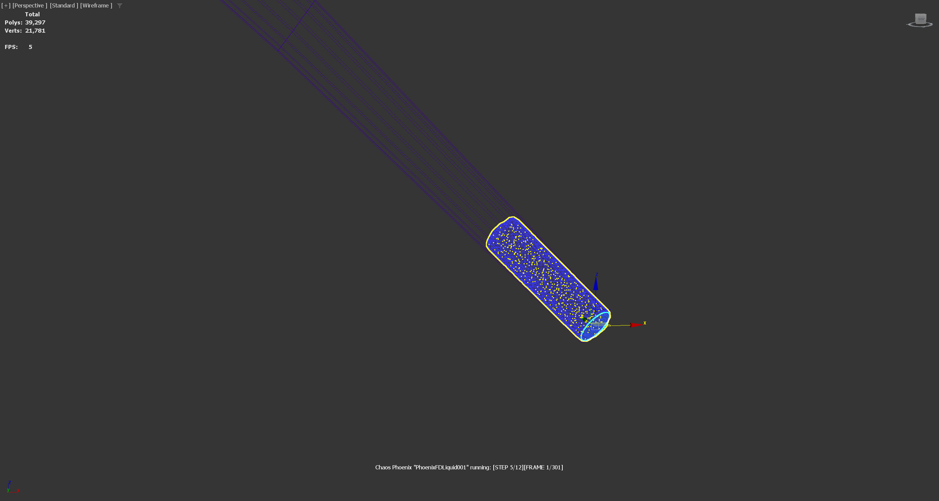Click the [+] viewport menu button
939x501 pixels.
(x=6, y=5)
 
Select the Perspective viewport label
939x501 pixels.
(x=30, y=5)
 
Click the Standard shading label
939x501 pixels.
(x=64, y=5)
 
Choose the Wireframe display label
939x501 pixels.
(x=96, y=5)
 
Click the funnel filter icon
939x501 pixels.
(x=119, y=5)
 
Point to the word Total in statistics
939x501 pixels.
(x=32, y=14)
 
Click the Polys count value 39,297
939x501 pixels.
(x=35, y=22)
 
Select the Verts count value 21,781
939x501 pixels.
(x=35, y=31)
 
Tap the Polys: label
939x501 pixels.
(x=14, y=22)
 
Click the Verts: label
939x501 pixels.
(x=13, y=31)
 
